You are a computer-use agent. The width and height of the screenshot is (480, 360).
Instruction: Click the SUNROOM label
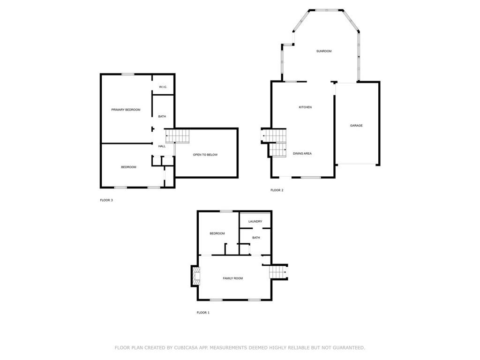pyautogui.click(x=324, y=51)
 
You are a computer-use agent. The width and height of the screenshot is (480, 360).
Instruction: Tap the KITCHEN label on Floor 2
pyautogui.click(x=305, y=107)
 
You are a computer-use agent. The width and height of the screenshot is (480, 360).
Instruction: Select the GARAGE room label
pyautogui.click(x=356, y=126)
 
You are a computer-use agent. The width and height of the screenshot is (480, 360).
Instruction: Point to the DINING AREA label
pyautogui.click(x=302, y=154)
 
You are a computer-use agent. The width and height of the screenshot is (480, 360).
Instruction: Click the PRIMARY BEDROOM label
pyautogui.click(x=126, y=110)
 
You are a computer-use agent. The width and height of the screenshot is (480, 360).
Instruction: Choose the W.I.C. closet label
pyautogui.click(x=163, y=87)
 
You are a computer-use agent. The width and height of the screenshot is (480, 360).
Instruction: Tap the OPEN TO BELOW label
pyautogui.click(x=205, y=155)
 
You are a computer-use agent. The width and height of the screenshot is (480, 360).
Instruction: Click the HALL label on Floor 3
pyautogui.click(x=162, y=146)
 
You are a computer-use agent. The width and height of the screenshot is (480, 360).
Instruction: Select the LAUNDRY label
pyautogui.click(x=255, y=221)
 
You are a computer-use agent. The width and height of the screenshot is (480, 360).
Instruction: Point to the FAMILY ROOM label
pyautogui.click(x=233, y=278)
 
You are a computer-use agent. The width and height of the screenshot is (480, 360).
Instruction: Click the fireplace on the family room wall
pyautogui.click(x=195, y=276)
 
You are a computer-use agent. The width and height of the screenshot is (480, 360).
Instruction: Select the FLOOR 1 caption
pyautogui.click(x=203, y=313)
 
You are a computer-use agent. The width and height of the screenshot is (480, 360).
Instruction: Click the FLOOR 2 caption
pyautogui.click(x=277, y=190)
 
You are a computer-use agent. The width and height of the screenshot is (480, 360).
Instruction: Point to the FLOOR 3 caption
pyautogui.click(x=106, y=200)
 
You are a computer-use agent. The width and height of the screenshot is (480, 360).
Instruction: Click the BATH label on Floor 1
pyautogui.click(x=256, y=238)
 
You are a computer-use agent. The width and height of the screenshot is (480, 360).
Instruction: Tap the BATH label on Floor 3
pyautogui.click(x=162, y=116)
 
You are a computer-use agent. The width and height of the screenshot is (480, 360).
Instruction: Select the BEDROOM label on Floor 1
pyautogui.click(x=217, y=233)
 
